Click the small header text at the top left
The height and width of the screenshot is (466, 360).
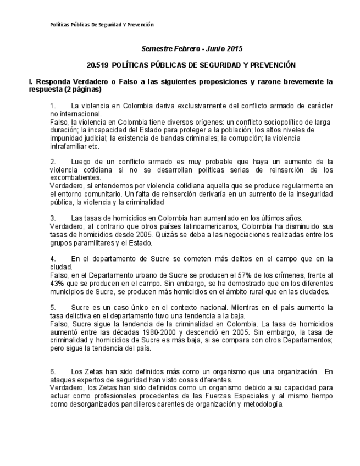102,25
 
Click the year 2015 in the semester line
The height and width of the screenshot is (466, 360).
234,49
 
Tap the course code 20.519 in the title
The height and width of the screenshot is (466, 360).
98,65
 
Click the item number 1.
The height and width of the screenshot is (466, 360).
53,105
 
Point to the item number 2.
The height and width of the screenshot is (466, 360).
53,162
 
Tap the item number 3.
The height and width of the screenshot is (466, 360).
53,219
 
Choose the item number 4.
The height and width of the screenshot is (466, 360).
53,258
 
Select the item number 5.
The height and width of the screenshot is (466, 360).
53,308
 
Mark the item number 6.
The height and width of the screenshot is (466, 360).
53,372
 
